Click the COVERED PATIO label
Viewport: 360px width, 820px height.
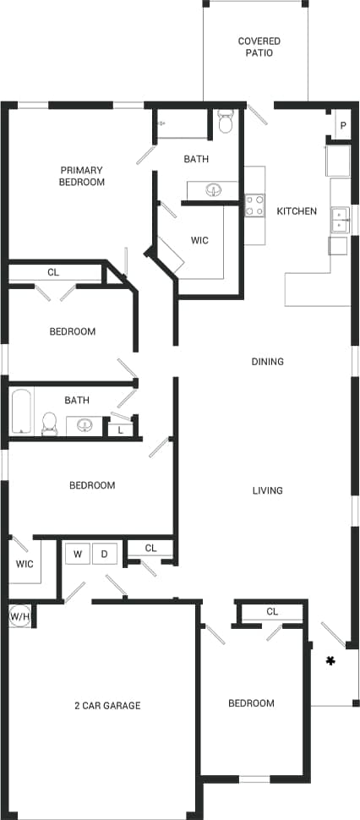(x=259, y=46)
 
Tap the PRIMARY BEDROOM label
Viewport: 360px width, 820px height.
(x=82, y=176)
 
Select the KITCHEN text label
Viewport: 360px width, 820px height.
(x=297, y=211)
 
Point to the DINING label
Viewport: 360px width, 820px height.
(x=267, y=362)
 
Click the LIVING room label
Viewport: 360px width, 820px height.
(x=267, y=491)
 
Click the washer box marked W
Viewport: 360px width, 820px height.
(x=78, y=555)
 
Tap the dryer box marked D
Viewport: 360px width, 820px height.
(x=105, y=555)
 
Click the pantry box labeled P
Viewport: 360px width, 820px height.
(x=343, y=126)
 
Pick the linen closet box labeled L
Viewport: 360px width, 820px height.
(x=121, y=429)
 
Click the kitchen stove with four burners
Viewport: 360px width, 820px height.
(x=254, y=205)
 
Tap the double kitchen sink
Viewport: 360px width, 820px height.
(x=339, y=219)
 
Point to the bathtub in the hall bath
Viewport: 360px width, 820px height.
(x=21, y=412)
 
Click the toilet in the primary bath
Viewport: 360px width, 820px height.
(x=225, y=123)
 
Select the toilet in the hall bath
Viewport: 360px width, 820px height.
(x=50, y=423)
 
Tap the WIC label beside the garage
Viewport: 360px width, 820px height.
(x=25, y=564)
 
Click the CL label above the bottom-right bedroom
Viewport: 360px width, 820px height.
(x=272, y=611)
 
